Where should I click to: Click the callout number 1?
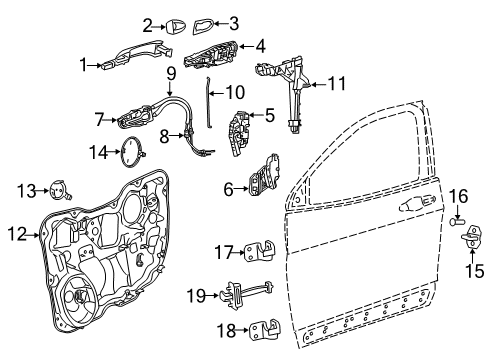85,65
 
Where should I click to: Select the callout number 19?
197,295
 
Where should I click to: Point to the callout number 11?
337,85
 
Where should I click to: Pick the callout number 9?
171,72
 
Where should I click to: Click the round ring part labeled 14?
131,153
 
